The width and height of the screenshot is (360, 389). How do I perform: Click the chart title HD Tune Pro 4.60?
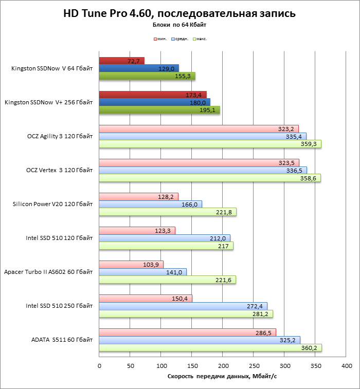click(179, 13)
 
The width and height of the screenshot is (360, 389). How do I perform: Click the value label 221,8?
click(222, 212)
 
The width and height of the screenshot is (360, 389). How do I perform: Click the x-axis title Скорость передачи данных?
click(222, 377)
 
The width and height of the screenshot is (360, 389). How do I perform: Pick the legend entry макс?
click(201, 39)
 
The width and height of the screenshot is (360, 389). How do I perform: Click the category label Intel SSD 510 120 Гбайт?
click(59, 238)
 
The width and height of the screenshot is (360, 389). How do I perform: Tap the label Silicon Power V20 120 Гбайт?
click(52, 204)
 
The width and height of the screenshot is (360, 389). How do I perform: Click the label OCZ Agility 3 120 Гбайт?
click(60, 136)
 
